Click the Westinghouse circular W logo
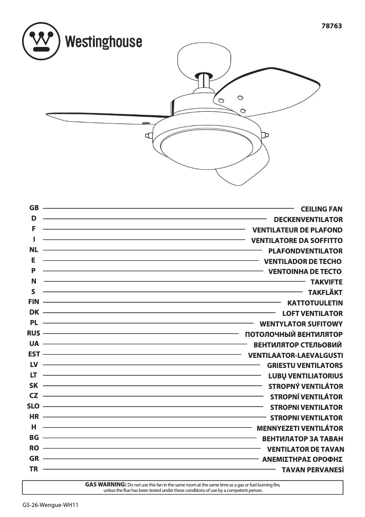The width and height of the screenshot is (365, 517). (x=41, y=42)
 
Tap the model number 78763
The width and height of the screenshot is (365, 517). (x=332, y=26)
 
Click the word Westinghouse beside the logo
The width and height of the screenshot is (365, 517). (x=104, y=42)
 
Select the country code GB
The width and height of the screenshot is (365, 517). (x=34, y=208)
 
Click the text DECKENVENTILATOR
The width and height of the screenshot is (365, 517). (x=308, y=220)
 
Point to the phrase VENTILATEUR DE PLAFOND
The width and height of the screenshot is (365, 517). (x=297, y=230)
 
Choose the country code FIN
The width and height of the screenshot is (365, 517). (x=34, y=302)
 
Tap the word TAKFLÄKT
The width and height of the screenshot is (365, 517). (x=325, y=293)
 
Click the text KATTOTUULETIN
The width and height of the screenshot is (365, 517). (x=315, y=303)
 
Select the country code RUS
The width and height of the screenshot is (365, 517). (x=34, y=333)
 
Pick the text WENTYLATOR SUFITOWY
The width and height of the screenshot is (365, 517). (x=301, y=324)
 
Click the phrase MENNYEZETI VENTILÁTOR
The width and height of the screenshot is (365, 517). (x=300, y=429)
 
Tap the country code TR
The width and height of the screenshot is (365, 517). (x=34, y=469)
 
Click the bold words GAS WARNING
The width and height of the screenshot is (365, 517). (x=106, y=484)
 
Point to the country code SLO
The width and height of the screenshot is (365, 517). (x=34, y=406)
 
